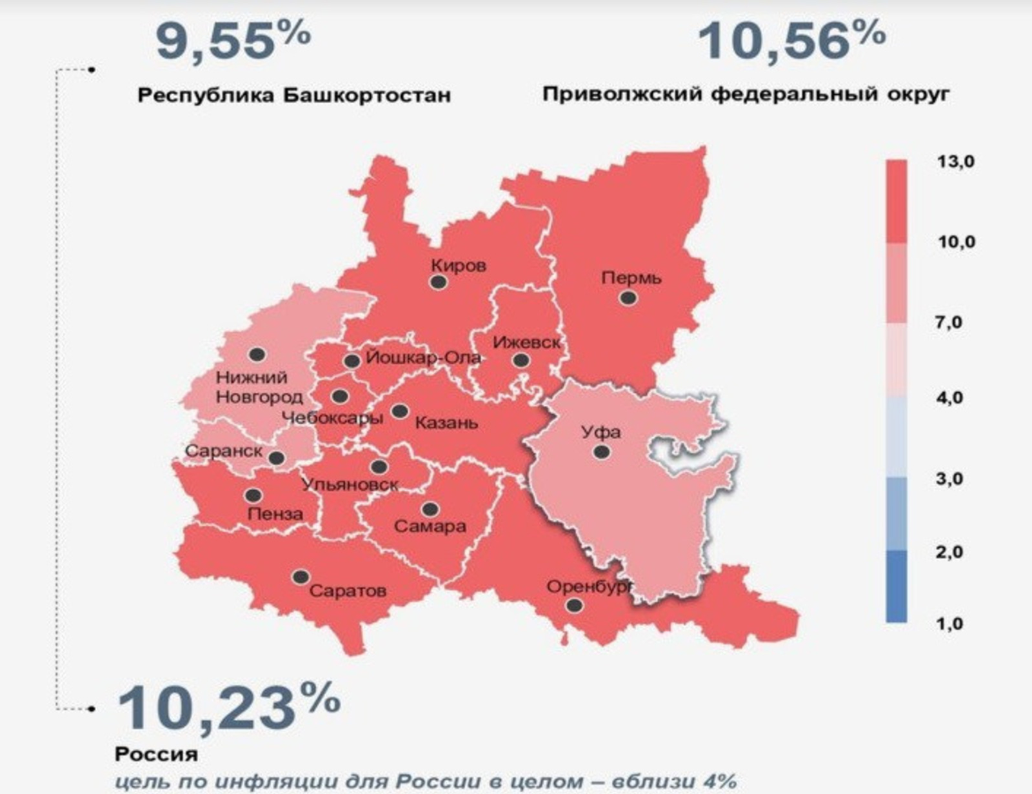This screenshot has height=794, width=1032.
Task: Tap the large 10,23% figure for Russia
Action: [229, 708]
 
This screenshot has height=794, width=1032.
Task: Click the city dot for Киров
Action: [439, 282]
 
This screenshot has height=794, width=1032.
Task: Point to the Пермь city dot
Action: [628, 298]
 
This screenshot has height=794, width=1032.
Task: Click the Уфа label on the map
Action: [601, 432]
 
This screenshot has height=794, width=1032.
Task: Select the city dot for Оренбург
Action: [574, 606]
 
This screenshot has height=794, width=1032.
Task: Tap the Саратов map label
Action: [348, 590]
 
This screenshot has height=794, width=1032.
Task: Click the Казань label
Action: [446, 423]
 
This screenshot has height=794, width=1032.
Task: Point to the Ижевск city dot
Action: [521, 361]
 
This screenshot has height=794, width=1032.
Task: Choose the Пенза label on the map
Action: [275, 514]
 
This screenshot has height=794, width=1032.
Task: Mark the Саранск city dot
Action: [277, 458]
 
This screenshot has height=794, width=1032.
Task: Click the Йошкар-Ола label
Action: [423, 357]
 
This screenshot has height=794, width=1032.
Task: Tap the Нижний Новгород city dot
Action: [257, 354]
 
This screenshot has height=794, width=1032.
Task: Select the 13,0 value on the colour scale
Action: [955, 161]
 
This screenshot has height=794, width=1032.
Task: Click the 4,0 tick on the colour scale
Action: [949, 397]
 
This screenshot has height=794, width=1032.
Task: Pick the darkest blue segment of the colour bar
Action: [896, 586]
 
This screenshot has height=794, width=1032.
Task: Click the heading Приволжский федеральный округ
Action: [746, 94]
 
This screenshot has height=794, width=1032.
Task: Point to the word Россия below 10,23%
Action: [156, 753]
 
